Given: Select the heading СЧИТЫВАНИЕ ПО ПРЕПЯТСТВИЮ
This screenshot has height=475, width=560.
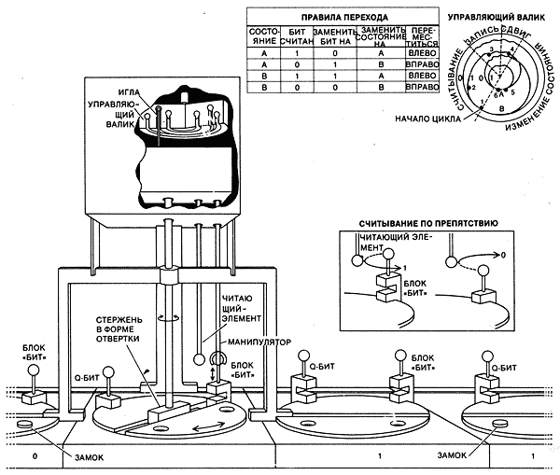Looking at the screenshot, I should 431,224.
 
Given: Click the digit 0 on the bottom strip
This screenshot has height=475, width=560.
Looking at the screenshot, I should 34,458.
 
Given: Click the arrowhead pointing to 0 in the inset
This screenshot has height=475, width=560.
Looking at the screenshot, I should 497,252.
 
